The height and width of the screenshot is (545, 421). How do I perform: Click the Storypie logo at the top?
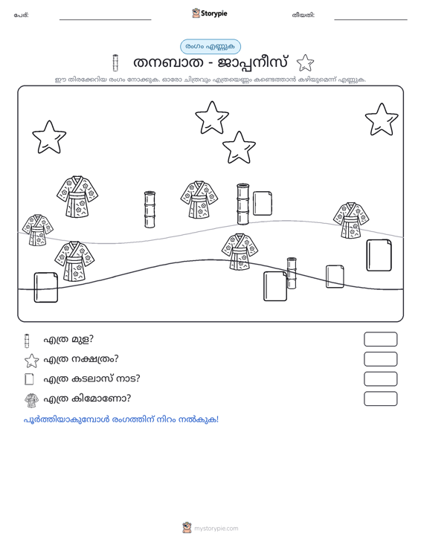[x=209, y=13]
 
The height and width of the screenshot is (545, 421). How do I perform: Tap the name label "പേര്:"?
[x=22, y=15]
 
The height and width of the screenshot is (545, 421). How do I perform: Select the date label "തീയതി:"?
[x=303, y=15]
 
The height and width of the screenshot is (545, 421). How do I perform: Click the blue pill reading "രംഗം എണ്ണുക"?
[x=210, y=47]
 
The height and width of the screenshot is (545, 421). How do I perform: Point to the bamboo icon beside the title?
[x=115, y=62]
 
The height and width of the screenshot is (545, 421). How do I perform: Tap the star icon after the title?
[x=305, y=63]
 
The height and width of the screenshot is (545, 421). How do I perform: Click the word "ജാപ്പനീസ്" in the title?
[x=253, y=63]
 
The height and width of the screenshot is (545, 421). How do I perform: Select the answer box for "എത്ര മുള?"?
[x=380, y=339]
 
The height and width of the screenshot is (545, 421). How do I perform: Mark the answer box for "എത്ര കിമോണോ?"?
[x=380, y=399]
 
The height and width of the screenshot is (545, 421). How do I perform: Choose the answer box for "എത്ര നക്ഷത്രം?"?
[x=380, y=359]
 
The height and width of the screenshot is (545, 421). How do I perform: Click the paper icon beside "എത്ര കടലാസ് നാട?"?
[x=29, y=379]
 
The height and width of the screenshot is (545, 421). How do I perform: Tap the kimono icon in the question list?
[x=32, y=400]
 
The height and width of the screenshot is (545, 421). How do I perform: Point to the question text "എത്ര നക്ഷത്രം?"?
[x=81, y=358]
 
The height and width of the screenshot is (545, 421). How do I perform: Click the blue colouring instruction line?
[x=121, y=419]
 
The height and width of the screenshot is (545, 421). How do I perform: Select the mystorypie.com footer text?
[x=216, y=529]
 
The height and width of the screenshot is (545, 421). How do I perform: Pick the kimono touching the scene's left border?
[x=37, y=230]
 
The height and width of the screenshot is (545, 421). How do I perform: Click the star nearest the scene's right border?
[x=382, y=120]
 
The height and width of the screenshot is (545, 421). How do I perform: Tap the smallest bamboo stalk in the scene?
[x=292, y=273]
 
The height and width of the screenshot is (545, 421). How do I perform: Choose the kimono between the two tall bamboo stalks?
[x=199, y=199]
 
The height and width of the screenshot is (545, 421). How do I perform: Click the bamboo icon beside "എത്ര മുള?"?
[x=27, y=341]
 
